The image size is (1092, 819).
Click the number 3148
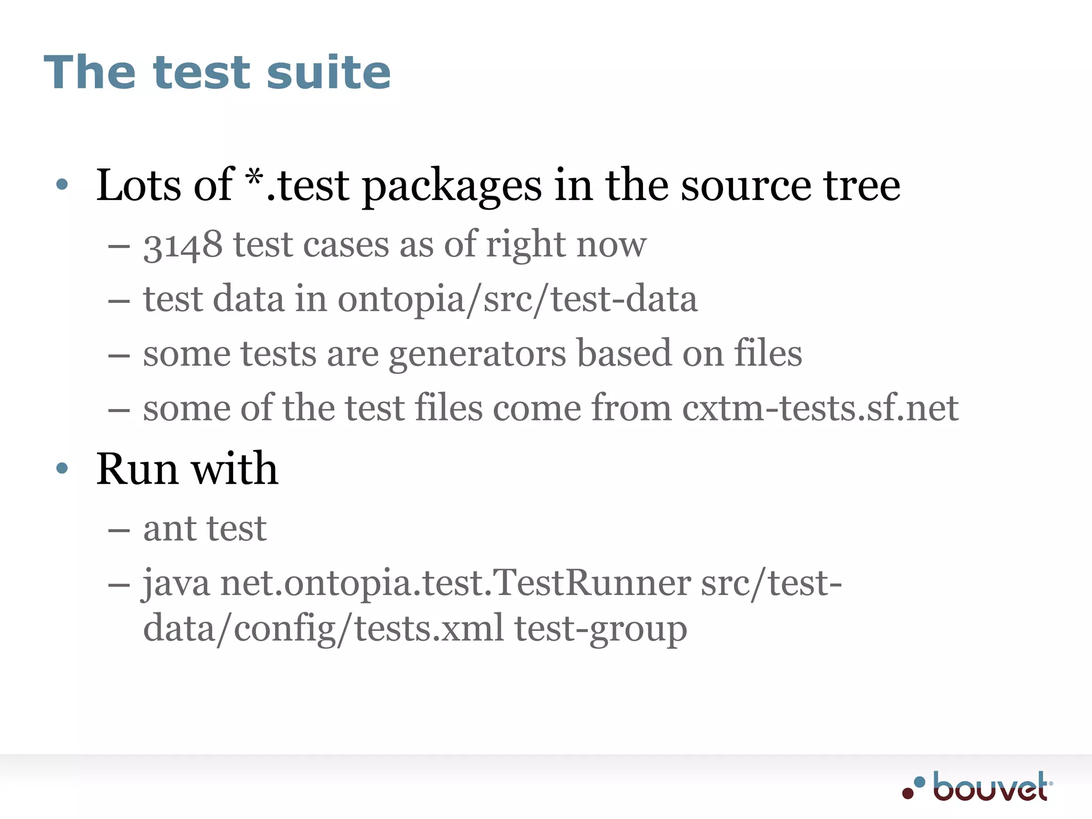(x=183, y=245)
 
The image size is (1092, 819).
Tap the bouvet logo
(x=977, y=786)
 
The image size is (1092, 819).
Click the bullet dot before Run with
(x=62, y=468)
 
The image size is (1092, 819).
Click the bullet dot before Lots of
(x=62, y=184)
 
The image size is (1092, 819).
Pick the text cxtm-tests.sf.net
(x=820, y=408)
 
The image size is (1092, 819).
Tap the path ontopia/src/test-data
(x=517, y=299)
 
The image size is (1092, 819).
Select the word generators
(x=478, y=354)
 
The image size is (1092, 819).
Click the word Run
(x=136, y=469)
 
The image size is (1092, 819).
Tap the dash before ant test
(x=118, y=530)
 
